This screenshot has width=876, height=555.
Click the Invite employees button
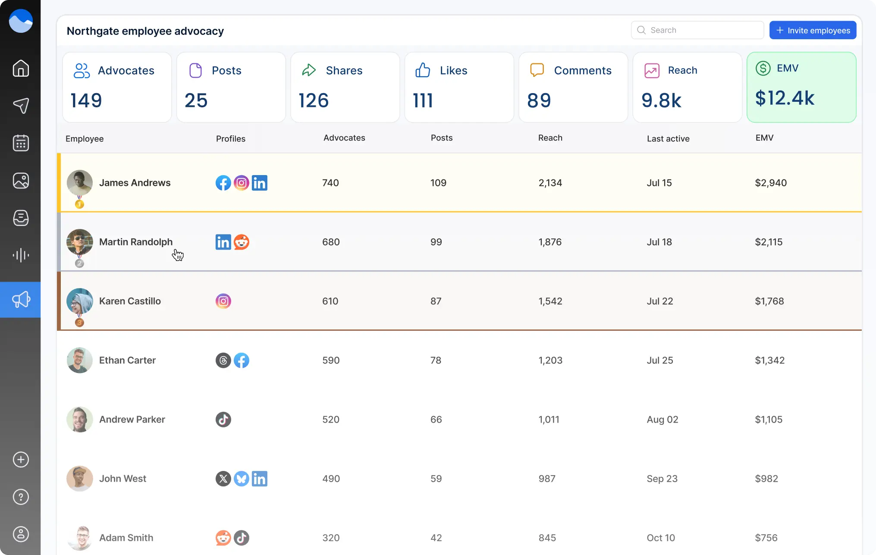tap(813, 30)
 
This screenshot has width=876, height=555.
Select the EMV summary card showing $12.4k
tap(801, 87)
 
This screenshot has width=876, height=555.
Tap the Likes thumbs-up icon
tap(423, 70)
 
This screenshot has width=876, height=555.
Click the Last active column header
tap(668, 138)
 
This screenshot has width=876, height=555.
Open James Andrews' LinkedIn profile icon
tap(259, 183)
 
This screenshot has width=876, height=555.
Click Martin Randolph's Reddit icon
tap(242, 242)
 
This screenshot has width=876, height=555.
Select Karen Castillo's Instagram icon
tap(223, 301)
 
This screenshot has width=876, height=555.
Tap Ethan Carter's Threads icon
tap(223, 360)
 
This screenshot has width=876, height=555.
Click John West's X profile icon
tap(223, 479)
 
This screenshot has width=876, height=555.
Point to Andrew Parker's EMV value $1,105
tap(768, 419)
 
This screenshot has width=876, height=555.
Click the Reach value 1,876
tap(549, 242)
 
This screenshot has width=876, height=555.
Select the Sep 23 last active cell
tap(662, 479)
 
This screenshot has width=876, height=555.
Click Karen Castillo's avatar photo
tap(80, 301)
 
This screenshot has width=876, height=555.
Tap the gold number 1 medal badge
tap(79, 204)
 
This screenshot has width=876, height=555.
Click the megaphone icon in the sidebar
tap(21, 300)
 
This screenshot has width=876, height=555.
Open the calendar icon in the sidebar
tap(21, 143)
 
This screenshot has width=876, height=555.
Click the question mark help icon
tap(21, 497)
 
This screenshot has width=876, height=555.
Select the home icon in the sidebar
tap(21, 68)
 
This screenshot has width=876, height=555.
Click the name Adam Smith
tap(126, 538)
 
